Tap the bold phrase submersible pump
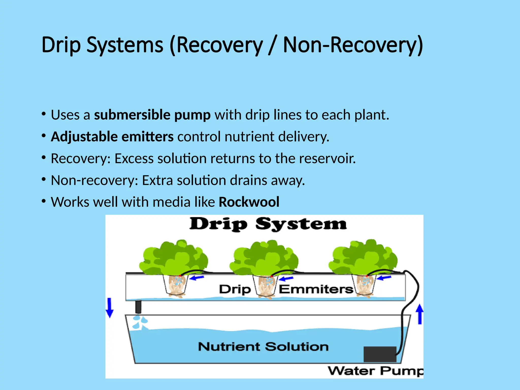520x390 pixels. tap(152, 115)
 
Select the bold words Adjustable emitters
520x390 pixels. tap(112, 137)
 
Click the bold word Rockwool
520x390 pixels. tap(249, 202)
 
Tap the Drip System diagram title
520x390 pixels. tap(268, 224)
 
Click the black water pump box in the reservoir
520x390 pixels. tap(380, 354)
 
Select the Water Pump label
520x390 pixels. tap(375, 371)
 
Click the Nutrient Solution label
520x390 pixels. tap(263, 347)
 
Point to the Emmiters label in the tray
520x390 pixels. tap(316, 289)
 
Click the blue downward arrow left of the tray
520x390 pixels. tap(109, 308)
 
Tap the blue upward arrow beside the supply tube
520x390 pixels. tap(420, 314)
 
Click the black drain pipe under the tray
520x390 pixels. tap(138, 307)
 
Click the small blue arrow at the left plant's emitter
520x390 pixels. tap(197, 278)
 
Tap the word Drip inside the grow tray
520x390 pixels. tap(235, 289)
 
